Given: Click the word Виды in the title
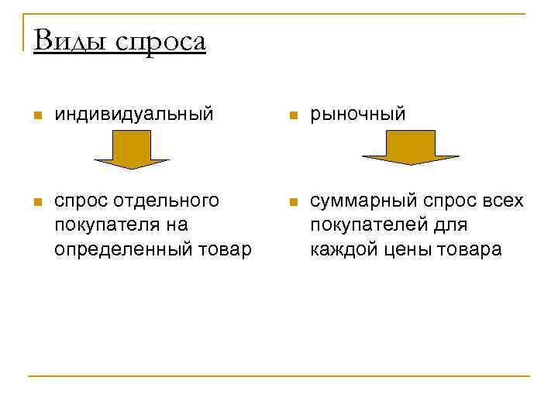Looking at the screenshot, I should pos(71,40).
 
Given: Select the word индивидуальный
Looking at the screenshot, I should pos(133,115).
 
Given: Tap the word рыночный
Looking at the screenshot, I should pos(358,115).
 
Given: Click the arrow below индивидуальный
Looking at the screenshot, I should pos(132,149).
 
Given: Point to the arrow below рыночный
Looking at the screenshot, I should pos(411,148).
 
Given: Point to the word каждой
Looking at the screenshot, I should pos(339,249).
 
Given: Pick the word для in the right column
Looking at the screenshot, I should pos(449,225).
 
